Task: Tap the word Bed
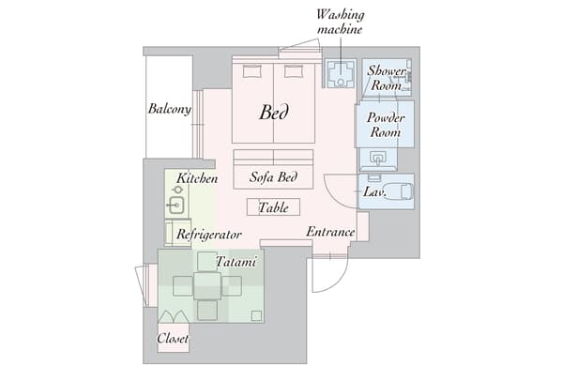pyautogui.click(x=274, y=113)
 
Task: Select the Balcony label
pyautogui.click(x=170, y=109)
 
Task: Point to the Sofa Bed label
pyautogui.click(x=274, y=176)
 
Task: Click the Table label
pyautogui.click(x=273, y=207)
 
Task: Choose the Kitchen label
pyautogui.click(x=197, y=177)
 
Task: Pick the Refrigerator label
pyautogui.click(x=209, y=235)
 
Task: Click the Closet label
pyautogui.click(x=173, y=338)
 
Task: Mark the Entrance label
pyautogui.click(x=330, y=232)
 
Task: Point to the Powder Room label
pyautogui.click(x=385, y=125)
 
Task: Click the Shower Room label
pyautogui.click(x=385, y=77)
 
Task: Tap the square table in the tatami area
pyautogui.click(x=208, y=284)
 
